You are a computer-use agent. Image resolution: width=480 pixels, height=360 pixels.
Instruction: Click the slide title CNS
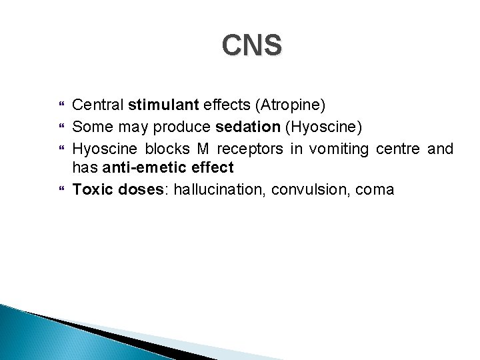coord(253,46)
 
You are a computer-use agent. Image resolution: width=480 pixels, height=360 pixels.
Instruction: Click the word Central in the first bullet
coord(98,105)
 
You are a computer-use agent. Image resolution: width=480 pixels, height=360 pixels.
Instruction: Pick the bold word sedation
coord(247,126)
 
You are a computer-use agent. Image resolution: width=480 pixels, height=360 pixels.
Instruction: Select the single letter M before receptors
coord(202,147)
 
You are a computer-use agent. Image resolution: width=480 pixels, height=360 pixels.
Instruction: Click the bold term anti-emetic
coord(143,169)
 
